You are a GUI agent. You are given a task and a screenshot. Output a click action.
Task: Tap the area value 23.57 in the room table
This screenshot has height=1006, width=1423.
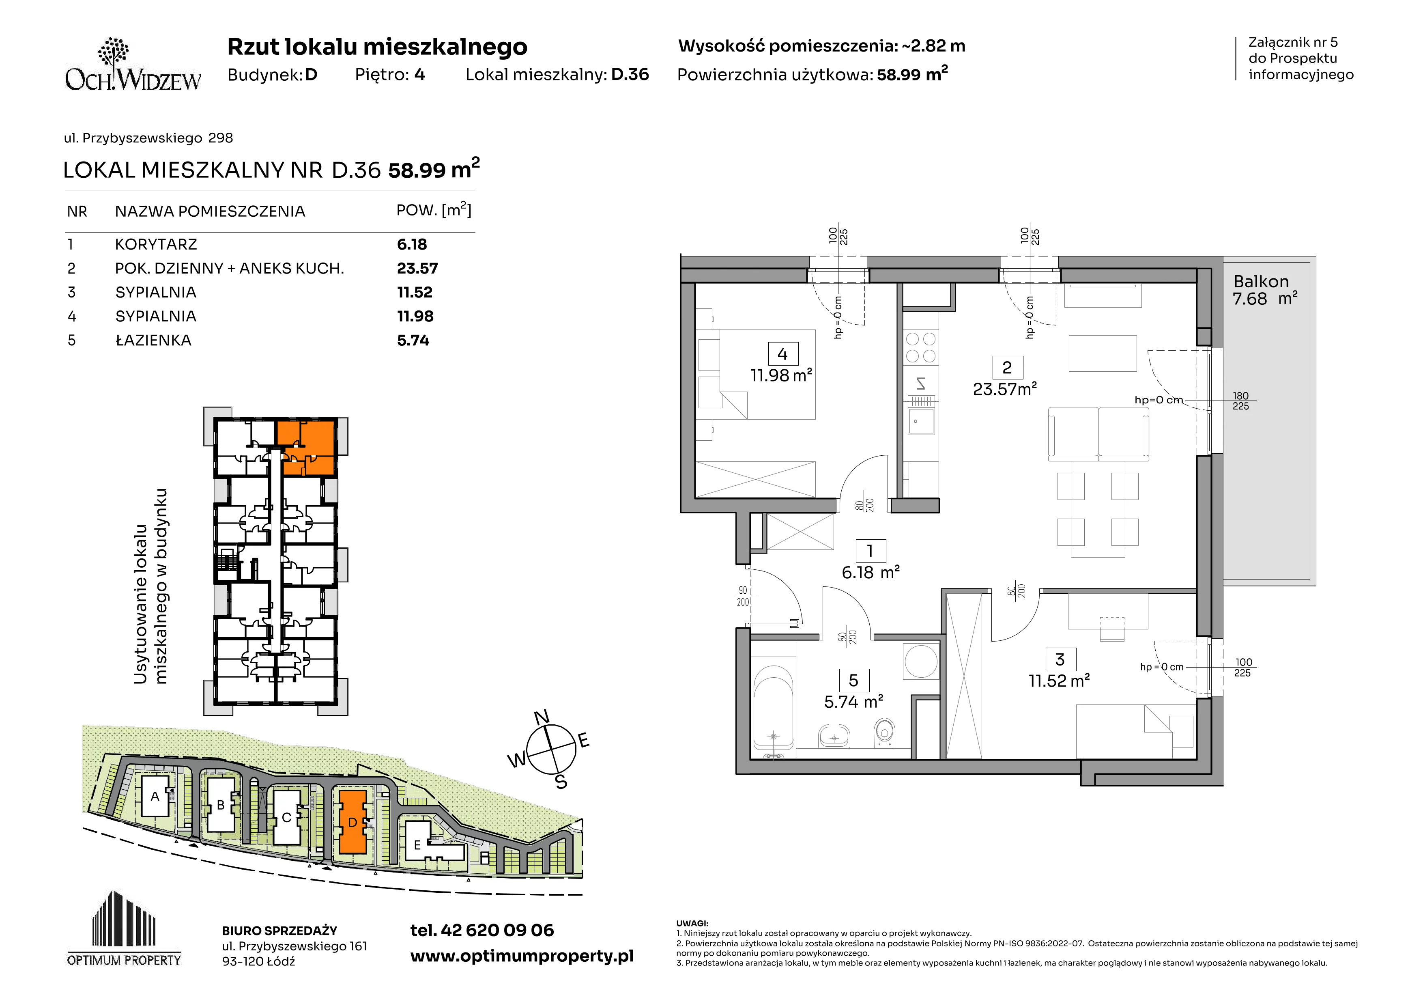(417, 268)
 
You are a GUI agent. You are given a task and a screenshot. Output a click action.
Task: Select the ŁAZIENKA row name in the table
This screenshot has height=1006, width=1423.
(153, 340)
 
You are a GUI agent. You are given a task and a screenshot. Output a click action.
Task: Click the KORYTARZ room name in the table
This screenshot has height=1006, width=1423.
(155, 244)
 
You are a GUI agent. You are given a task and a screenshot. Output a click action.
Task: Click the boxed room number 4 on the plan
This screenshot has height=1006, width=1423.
(782, 354)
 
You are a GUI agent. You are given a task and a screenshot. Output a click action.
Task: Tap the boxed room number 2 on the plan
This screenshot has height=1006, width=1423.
(1006, 368)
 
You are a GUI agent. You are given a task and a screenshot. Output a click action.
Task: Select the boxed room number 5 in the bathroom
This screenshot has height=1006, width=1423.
(853, 681)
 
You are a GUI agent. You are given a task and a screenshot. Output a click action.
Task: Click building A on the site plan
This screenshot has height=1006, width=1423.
(155, 796)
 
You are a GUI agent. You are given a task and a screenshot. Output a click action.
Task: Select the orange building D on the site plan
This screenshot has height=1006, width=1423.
(352, 821)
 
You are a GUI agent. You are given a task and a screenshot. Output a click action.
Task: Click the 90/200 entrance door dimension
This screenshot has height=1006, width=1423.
(742, 596)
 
